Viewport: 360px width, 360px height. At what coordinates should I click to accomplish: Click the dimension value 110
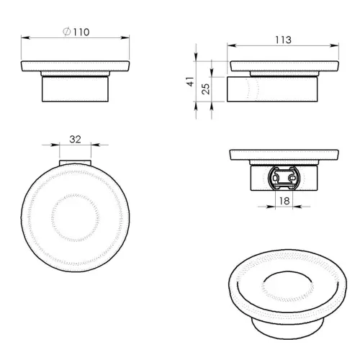[81, 32]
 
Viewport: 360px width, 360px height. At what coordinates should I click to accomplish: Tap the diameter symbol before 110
[66, 32]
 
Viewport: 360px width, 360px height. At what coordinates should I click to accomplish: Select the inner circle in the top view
[76, 214]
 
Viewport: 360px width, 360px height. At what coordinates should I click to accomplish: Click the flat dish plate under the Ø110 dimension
[76, 68]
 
